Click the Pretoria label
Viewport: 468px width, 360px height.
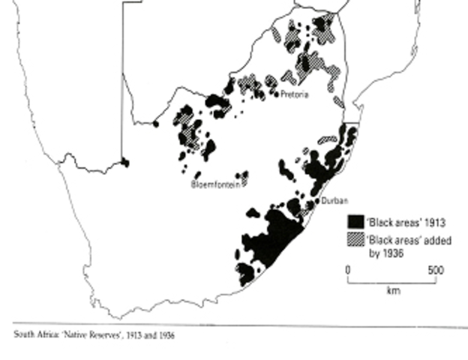pos(295,94)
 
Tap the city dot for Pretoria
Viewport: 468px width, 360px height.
pos(277,94)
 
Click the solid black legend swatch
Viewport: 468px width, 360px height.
pos(354,222)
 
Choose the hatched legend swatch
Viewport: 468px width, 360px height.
pos(354,240)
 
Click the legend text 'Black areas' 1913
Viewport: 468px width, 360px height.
pos(396,222)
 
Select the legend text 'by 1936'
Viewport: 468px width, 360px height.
pos(383,252)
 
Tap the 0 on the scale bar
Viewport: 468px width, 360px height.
pos(348,269)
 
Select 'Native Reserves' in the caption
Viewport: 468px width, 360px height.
pos(82,335)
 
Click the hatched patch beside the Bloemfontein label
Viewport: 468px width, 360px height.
pos(244,179)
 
